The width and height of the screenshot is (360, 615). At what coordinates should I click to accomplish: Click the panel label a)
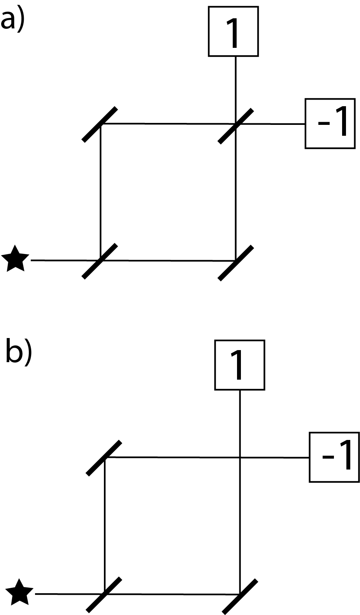pos(12,20)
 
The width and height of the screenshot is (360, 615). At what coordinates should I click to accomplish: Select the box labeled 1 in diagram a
pos(233,32)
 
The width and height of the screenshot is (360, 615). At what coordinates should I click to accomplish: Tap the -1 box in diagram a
pos(330,123)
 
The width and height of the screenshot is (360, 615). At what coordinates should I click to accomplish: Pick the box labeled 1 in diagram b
pos(239,365)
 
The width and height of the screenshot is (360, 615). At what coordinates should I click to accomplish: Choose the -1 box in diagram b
pos(334,457)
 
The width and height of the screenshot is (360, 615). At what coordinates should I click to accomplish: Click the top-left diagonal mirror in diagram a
pos(100,124)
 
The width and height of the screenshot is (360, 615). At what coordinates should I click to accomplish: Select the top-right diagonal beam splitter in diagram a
pos(235,126)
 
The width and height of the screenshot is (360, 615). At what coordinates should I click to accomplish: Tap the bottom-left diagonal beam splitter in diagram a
pos(100,261)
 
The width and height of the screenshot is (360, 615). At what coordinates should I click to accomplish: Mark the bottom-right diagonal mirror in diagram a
pos(236,263)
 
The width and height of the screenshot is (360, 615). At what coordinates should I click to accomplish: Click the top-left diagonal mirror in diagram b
pos(104,458)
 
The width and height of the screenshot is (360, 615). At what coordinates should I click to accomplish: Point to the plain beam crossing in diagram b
pos(240,457)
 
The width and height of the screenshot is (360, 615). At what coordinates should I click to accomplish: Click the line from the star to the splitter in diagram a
pos(62,260)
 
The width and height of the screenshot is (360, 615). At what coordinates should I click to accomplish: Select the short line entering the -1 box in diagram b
pos(276,457)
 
